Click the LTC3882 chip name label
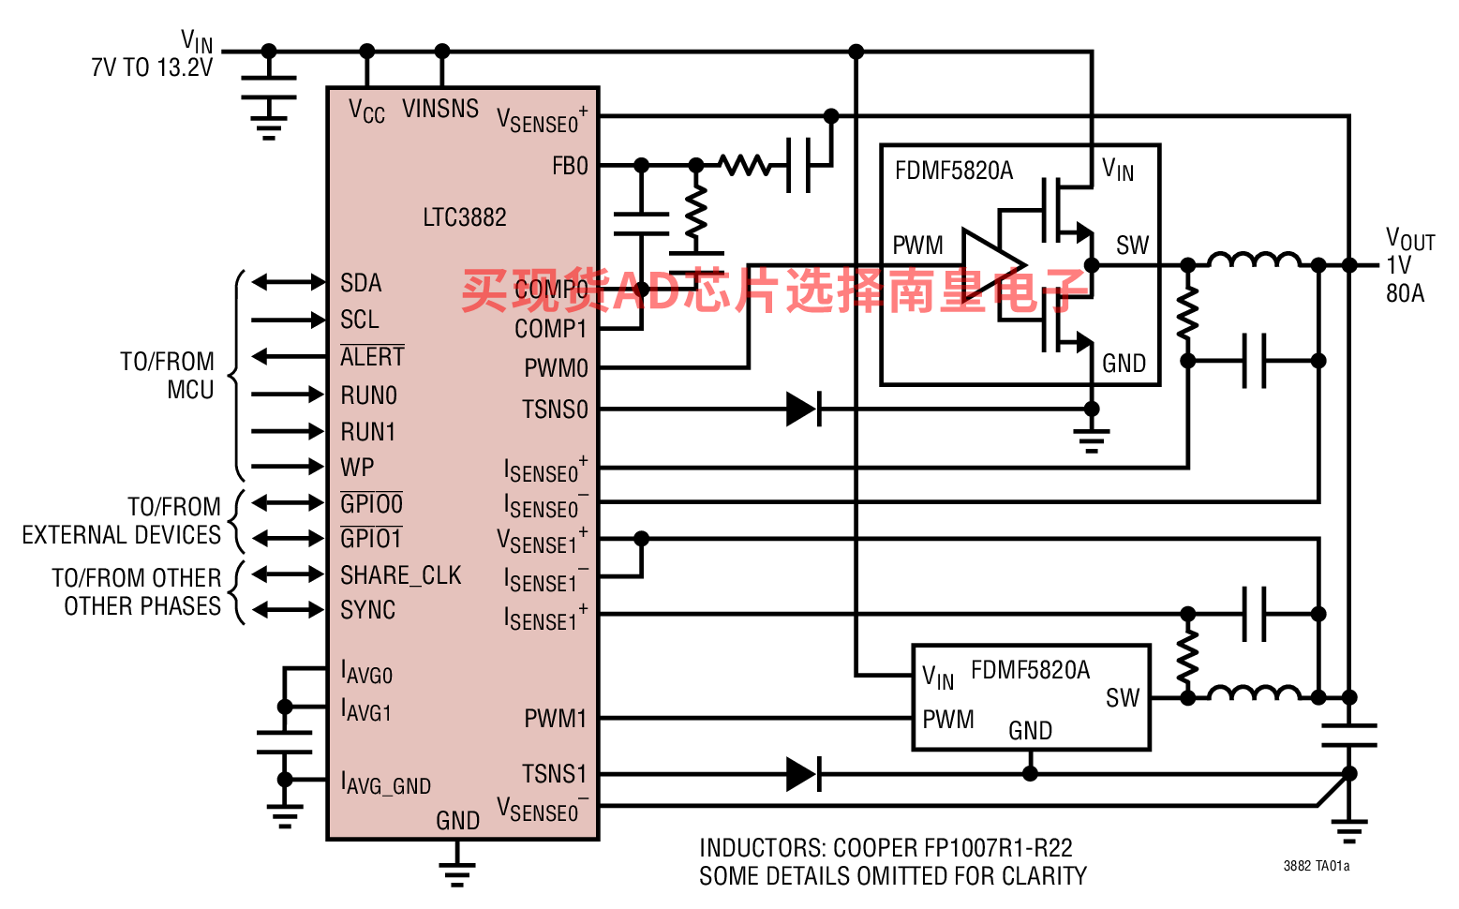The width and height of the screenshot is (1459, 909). (x=464, y=217)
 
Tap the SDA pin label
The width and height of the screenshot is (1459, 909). (x=361, y=283)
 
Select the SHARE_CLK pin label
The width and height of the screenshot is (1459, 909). (x=400, y=575)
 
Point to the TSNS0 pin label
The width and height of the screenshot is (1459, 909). (x=555, y=410)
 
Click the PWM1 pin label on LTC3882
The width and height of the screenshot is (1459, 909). (x=555, y=719)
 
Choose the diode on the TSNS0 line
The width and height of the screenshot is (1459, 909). (x=803, y=410)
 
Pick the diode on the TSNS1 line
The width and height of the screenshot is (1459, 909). (x=803, y=775)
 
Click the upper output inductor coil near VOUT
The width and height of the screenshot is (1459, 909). (x=1253, y=261)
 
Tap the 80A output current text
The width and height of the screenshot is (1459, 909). (x=1405, y=293)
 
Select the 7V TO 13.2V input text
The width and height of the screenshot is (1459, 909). (x=152, y=67)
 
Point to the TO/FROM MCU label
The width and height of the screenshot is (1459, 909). (x=168, y=376)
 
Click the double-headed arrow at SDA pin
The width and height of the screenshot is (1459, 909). (x=289, y=282)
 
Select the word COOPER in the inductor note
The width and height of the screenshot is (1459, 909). (x=875, y=848)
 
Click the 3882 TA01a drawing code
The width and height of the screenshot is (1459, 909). (x=1316, y=866)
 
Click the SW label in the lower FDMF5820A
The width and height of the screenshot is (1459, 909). (x=1122, y=698)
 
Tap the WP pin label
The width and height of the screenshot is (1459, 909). (x=357, y=468)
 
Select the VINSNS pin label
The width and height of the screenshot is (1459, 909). (x=440, y=109)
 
